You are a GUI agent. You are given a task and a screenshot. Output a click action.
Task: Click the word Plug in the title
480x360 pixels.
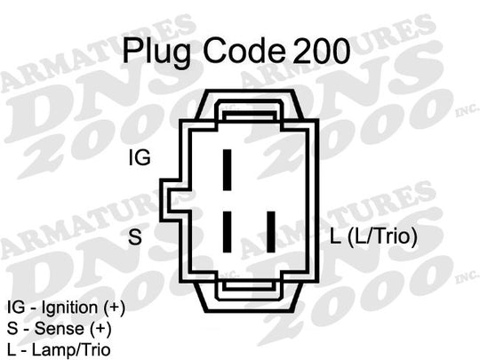(157, 52)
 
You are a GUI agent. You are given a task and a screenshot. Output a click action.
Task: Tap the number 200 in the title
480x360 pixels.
(321, 51)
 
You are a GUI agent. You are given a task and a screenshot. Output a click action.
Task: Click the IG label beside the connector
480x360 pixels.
(140, 157)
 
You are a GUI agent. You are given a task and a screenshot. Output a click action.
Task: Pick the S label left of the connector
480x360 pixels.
(135, 236)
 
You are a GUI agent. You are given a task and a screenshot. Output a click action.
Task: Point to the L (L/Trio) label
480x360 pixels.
(373, 236)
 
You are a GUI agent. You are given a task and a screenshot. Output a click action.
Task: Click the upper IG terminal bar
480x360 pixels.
(227, 170)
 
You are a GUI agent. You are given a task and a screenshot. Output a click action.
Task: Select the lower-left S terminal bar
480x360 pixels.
(227, 232)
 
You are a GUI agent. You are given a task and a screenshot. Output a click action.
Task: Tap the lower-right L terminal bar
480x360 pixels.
(270, 232)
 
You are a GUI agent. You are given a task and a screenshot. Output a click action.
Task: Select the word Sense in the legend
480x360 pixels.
(59, 329)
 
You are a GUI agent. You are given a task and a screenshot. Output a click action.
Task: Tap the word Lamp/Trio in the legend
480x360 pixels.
(71, 350)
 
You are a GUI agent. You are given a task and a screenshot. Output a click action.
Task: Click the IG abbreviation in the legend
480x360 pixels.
(16, 308)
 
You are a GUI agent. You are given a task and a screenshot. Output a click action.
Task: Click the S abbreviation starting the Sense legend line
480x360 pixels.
(12, 329)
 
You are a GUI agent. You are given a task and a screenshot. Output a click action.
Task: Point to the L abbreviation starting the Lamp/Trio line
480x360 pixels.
(11, 350)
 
